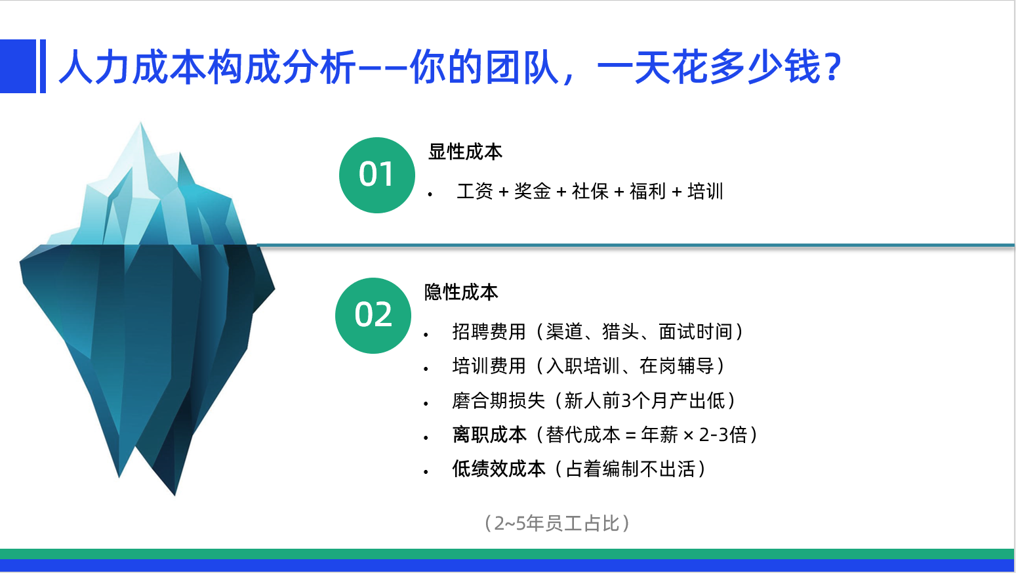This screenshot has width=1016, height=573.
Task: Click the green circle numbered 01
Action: (x=377, y=175)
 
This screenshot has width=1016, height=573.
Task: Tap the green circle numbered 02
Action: (x=373, y=316)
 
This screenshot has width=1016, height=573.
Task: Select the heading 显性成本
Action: (x=465, y=152)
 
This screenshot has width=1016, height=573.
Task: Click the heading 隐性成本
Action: (x=461, y=292)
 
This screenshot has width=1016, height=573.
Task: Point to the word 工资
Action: (x=475, y=191)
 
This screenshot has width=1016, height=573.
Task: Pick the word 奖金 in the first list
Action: (x=533, y=191)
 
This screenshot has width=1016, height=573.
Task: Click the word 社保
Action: (x=590, y=191)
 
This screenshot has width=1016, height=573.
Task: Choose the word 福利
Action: (x=647, y=191)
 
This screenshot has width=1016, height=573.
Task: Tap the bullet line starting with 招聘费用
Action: (x=598, y=331)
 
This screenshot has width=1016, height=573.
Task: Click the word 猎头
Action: (x=620, y=331)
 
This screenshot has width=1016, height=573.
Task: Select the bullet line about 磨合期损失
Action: (x=594, y=400)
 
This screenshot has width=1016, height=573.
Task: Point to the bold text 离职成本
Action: (x=489, y=435)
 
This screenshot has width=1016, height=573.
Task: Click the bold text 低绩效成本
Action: (x=499, y=469)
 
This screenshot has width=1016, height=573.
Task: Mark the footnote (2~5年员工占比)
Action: (x=557, y=523)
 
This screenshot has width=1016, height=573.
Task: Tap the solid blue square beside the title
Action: (x=18, y=66)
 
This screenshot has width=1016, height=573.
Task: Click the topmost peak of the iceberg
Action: (x=140, y=123)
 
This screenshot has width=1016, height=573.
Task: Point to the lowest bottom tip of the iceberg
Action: (x=174, y=495)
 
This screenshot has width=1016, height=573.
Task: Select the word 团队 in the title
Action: (x=522, y=67)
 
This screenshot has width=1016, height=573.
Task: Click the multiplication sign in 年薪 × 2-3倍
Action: (x=688, y=436)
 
